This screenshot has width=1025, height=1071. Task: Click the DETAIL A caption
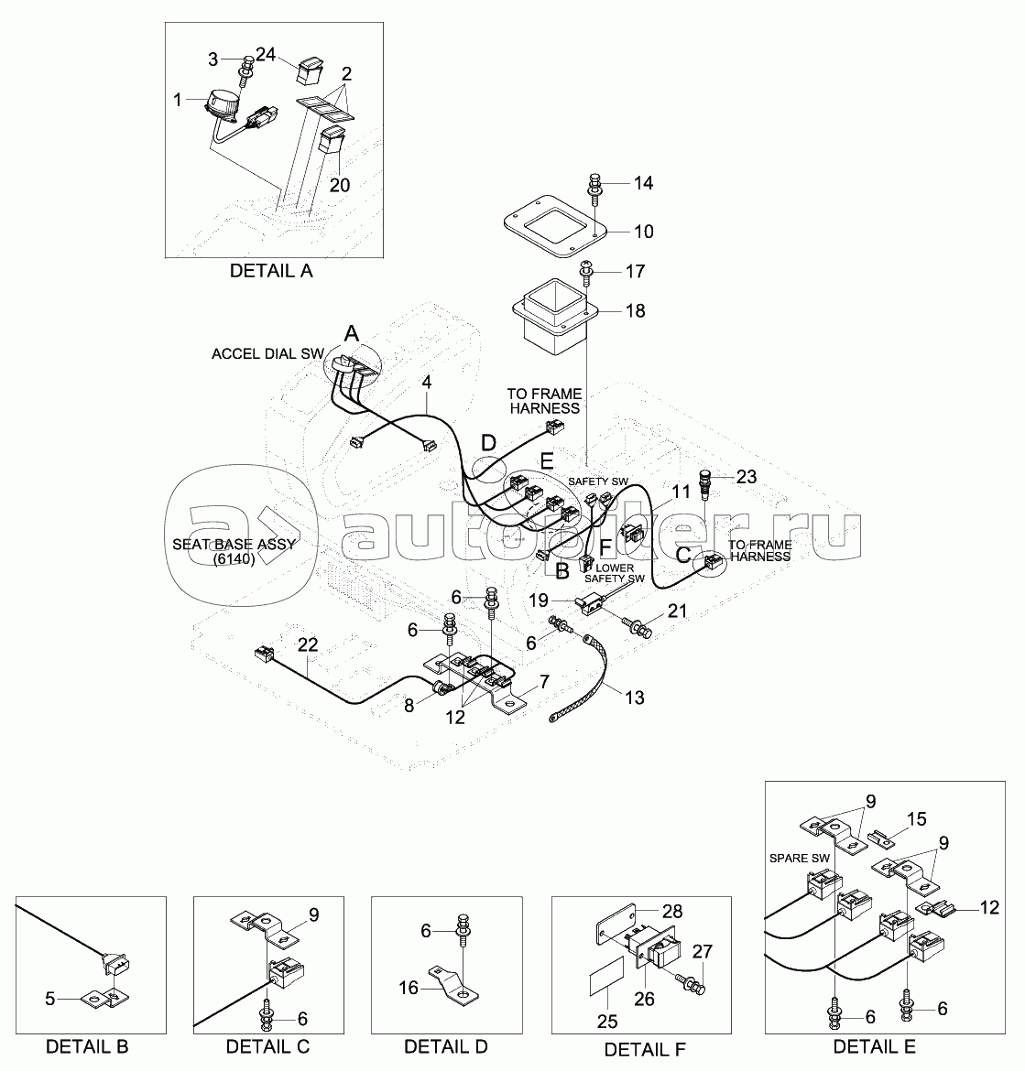click(271, 271)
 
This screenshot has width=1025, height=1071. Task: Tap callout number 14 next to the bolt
click(644, 183)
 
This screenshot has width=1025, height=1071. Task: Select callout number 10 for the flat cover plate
click(644, 232)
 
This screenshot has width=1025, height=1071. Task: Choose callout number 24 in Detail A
click(265, 54)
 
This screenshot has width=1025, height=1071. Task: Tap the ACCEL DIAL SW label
click(267, 354)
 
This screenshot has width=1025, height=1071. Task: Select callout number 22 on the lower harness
click(308, 644)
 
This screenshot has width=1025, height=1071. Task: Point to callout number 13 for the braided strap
click(635, 698)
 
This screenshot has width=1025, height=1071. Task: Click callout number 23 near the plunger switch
click(747, 477)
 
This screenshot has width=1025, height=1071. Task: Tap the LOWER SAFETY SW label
click(615, 573)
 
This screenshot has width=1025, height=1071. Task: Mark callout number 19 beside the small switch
click(540, 600)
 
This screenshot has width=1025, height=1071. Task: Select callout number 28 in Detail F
click(672, 911)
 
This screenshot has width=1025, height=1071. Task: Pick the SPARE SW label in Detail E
click(800, 858)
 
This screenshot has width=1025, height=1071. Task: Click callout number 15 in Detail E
click(916, 819)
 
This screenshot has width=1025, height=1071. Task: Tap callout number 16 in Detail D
click(409, 988)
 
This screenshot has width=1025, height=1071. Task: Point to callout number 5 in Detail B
click(49, 999)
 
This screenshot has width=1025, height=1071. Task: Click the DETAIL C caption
click(267, 1046)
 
